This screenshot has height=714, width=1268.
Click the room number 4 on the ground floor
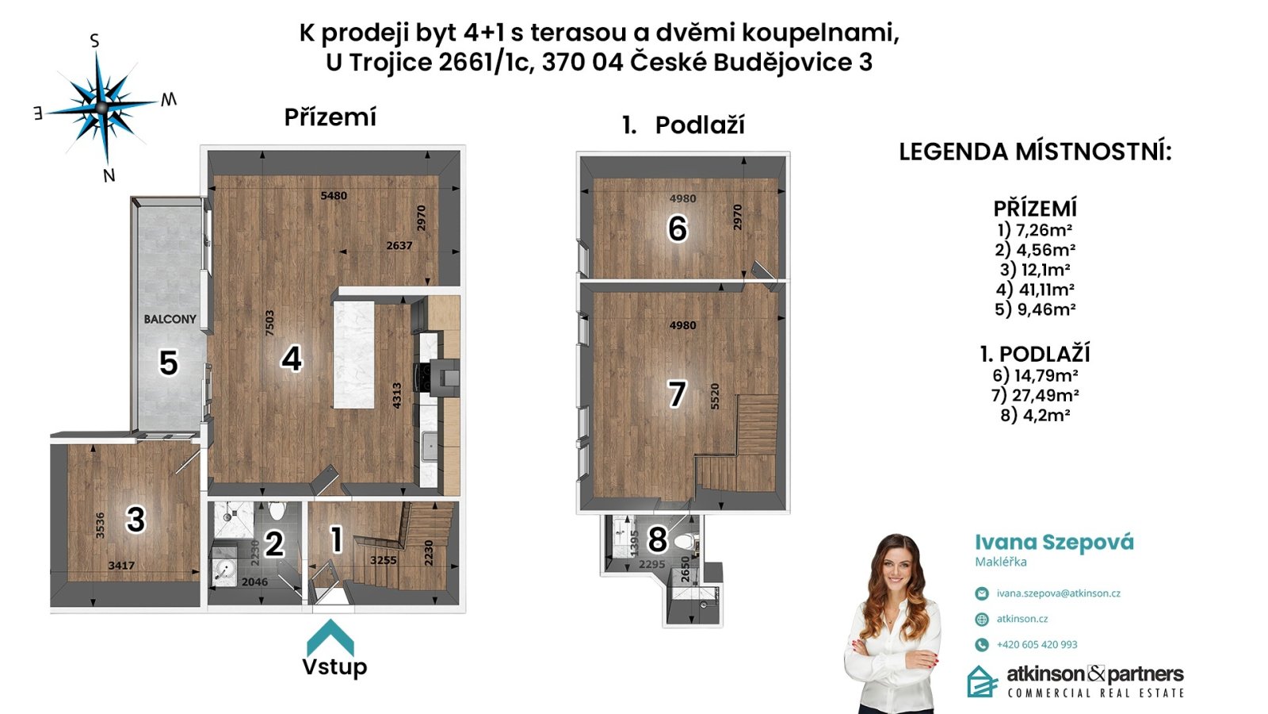[x=292, y=359]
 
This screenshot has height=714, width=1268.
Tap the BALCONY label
[x=170, y=319]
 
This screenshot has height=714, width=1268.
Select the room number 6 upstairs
[x=678, y=229]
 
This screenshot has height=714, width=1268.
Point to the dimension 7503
[x=270, y=323]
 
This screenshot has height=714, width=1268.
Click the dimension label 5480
[x=334, y=195]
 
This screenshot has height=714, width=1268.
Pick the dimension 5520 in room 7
[x=714, y=397]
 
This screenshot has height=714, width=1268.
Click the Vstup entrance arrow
[x=330, y=638]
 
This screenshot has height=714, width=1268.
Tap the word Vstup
[x=334, y=667]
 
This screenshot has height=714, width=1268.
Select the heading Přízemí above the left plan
[x=330, y=117]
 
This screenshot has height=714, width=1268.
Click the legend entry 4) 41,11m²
[x=1035, y=290]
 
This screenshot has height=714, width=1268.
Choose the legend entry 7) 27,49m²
[x=1035, y=395]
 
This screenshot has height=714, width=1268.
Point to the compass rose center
[x=102, y=107]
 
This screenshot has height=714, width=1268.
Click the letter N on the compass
[x=109, y=175]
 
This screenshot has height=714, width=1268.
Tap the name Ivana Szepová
[x=1054, y=543]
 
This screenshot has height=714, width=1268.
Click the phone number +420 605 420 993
[x=1037, y=644]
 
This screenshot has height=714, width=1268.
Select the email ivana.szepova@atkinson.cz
[x=1059, y=593]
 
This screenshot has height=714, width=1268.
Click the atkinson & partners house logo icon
[x=982, y=681]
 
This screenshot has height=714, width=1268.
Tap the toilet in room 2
[x=277, y=511]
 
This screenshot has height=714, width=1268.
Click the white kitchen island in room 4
[x=354, y=354]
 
